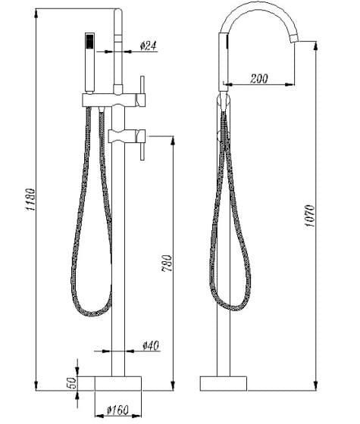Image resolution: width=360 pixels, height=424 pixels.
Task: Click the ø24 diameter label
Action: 149,47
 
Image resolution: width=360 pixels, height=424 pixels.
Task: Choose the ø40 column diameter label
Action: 151,346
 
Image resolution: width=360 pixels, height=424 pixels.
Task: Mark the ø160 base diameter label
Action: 117,411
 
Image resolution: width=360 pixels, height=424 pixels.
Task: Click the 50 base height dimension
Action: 72,382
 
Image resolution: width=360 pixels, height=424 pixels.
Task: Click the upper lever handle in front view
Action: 142,85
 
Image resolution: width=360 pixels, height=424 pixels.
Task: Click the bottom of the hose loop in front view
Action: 91,313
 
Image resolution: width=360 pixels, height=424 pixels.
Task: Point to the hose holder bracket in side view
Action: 222,99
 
